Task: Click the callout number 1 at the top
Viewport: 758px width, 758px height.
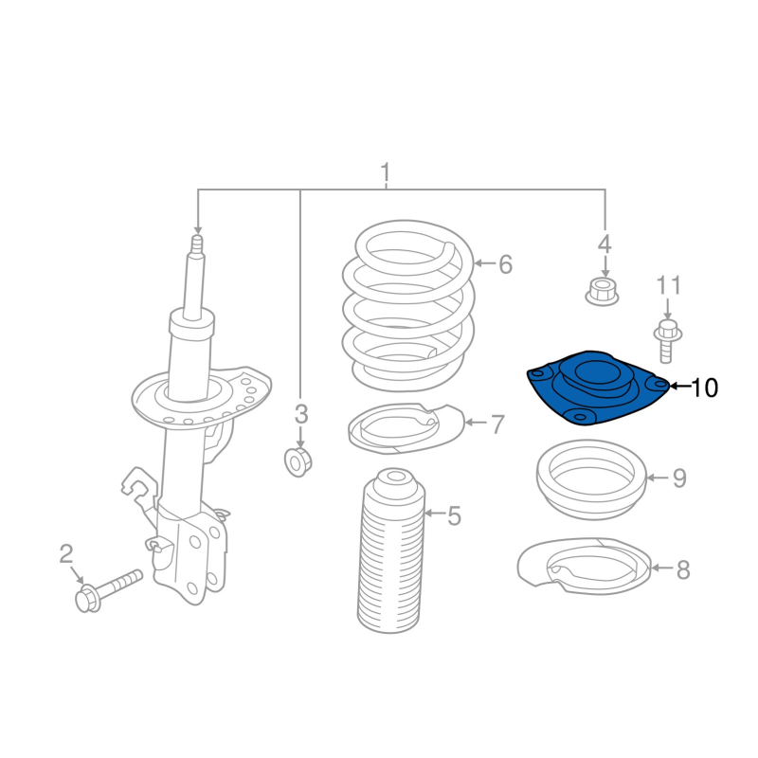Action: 386,173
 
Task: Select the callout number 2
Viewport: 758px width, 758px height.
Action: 65,553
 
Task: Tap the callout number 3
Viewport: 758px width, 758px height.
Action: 300,414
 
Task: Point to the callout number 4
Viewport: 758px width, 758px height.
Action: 605,244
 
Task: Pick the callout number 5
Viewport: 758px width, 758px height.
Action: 454,515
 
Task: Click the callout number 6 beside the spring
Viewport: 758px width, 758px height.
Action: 505,264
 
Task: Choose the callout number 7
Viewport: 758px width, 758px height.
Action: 498,424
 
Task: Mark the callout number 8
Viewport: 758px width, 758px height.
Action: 682,569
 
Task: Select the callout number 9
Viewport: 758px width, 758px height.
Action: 679,478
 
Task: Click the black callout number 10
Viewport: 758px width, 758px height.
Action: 705,388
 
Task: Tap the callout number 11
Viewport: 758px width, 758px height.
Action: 669,285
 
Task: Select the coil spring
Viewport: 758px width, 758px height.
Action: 408,305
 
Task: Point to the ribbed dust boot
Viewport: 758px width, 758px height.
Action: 391,550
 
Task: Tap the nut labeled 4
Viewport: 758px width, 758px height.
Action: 602,292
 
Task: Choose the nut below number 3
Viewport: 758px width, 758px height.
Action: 298,462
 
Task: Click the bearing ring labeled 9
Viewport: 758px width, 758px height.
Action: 591,479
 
